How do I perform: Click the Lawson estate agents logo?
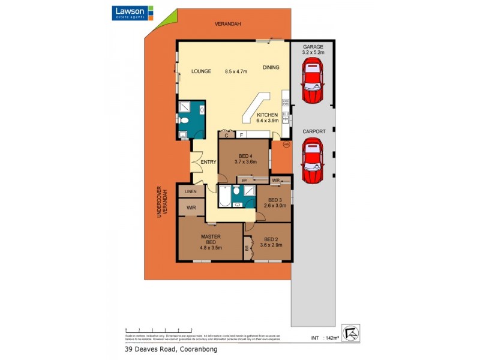click(x=133, y=13)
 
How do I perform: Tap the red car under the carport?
click(x=313, y=161)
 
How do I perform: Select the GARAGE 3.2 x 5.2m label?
click(x=313, y=49)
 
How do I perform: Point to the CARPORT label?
click(x=314, y=131)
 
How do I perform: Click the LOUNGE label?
click(x=201, y=71)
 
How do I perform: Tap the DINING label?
click(x=271, y=68)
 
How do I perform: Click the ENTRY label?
click(x=208, y=161)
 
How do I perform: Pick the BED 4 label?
click(x=243, y=159)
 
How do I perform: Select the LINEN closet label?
click(x=190, y=191)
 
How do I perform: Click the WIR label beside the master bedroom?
click(x=190, y=208)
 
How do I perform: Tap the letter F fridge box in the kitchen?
click(x=241, y=135)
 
